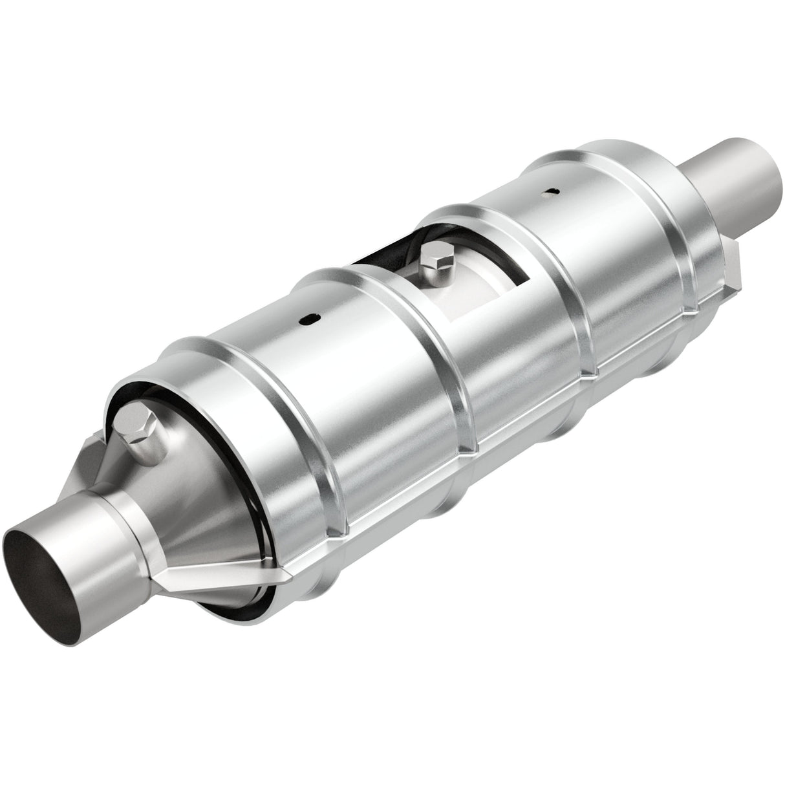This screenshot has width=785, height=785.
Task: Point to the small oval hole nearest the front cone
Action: pos(309,318)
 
